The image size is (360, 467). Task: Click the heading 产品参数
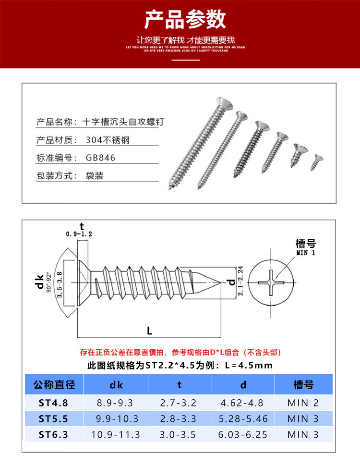185,20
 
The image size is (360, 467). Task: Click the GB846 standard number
101,158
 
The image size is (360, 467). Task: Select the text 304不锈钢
108,140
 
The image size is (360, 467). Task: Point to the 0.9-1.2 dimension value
79,234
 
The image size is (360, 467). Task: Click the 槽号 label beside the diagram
306,244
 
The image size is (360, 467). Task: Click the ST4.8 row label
53,403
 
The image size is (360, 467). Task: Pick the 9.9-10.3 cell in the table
116,419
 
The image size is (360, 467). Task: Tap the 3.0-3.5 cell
180,435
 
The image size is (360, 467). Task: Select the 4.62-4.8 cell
243,403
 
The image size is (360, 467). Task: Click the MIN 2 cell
303,403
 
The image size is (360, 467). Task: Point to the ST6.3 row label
53,435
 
